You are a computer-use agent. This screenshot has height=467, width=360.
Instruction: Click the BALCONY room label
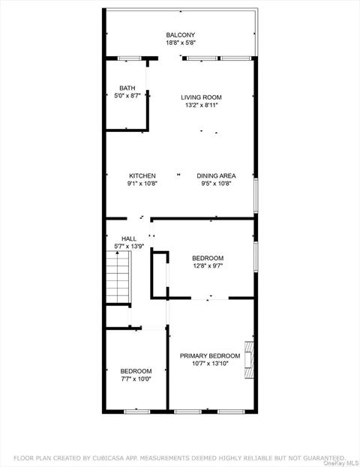coord(181,34)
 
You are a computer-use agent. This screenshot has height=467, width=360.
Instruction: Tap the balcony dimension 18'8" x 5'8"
coord(181,43)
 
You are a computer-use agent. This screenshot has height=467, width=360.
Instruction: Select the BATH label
coord(127,88)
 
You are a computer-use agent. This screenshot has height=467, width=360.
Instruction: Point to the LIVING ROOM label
coord(201,97)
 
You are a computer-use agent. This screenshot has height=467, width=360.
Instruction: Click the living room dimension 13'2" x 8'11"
coord(202,105)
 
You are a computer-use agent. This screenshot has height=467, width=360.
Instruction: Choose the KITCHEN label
coord(142,176)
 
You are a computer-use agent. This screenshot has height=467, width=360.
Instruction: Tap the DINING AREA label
coord(216,176)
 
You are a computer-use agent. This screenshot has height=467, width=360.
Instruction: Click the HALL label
coord(129,238)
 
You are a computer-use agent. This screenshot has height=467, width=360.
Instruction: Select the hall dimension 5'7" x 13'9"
coord(129,247)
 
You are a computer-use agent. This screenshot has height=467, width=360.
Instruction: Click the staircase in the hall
coord(118,277)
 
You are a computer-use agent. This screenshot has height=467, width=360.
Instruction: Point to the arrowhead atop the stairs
coord(118,253)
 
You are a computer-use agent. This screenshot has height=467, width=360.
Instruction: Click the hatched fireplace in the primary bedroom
coord(249,360)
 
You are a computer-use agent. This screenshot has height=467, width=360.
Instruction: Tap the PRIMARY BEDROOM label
coord(210,356)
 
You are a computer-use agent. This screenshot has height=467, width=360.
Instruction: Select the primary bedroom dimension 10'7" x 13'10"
coord(210,364)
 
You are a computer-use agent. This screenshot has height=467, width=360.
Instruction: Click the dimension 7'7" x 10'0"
coord(136,379)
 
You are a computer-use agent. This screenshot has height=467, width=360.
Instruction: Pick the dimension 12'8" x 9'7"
coord(208,266)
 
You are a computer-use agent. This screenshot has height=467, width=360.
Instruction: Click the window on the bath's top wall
coord(129,58)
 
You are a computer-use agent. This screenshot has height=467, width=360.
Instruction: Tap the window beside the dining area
coord(256,196)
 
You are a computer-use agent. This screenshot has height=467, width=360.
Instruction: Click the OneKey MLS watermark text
coord(341,463)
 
